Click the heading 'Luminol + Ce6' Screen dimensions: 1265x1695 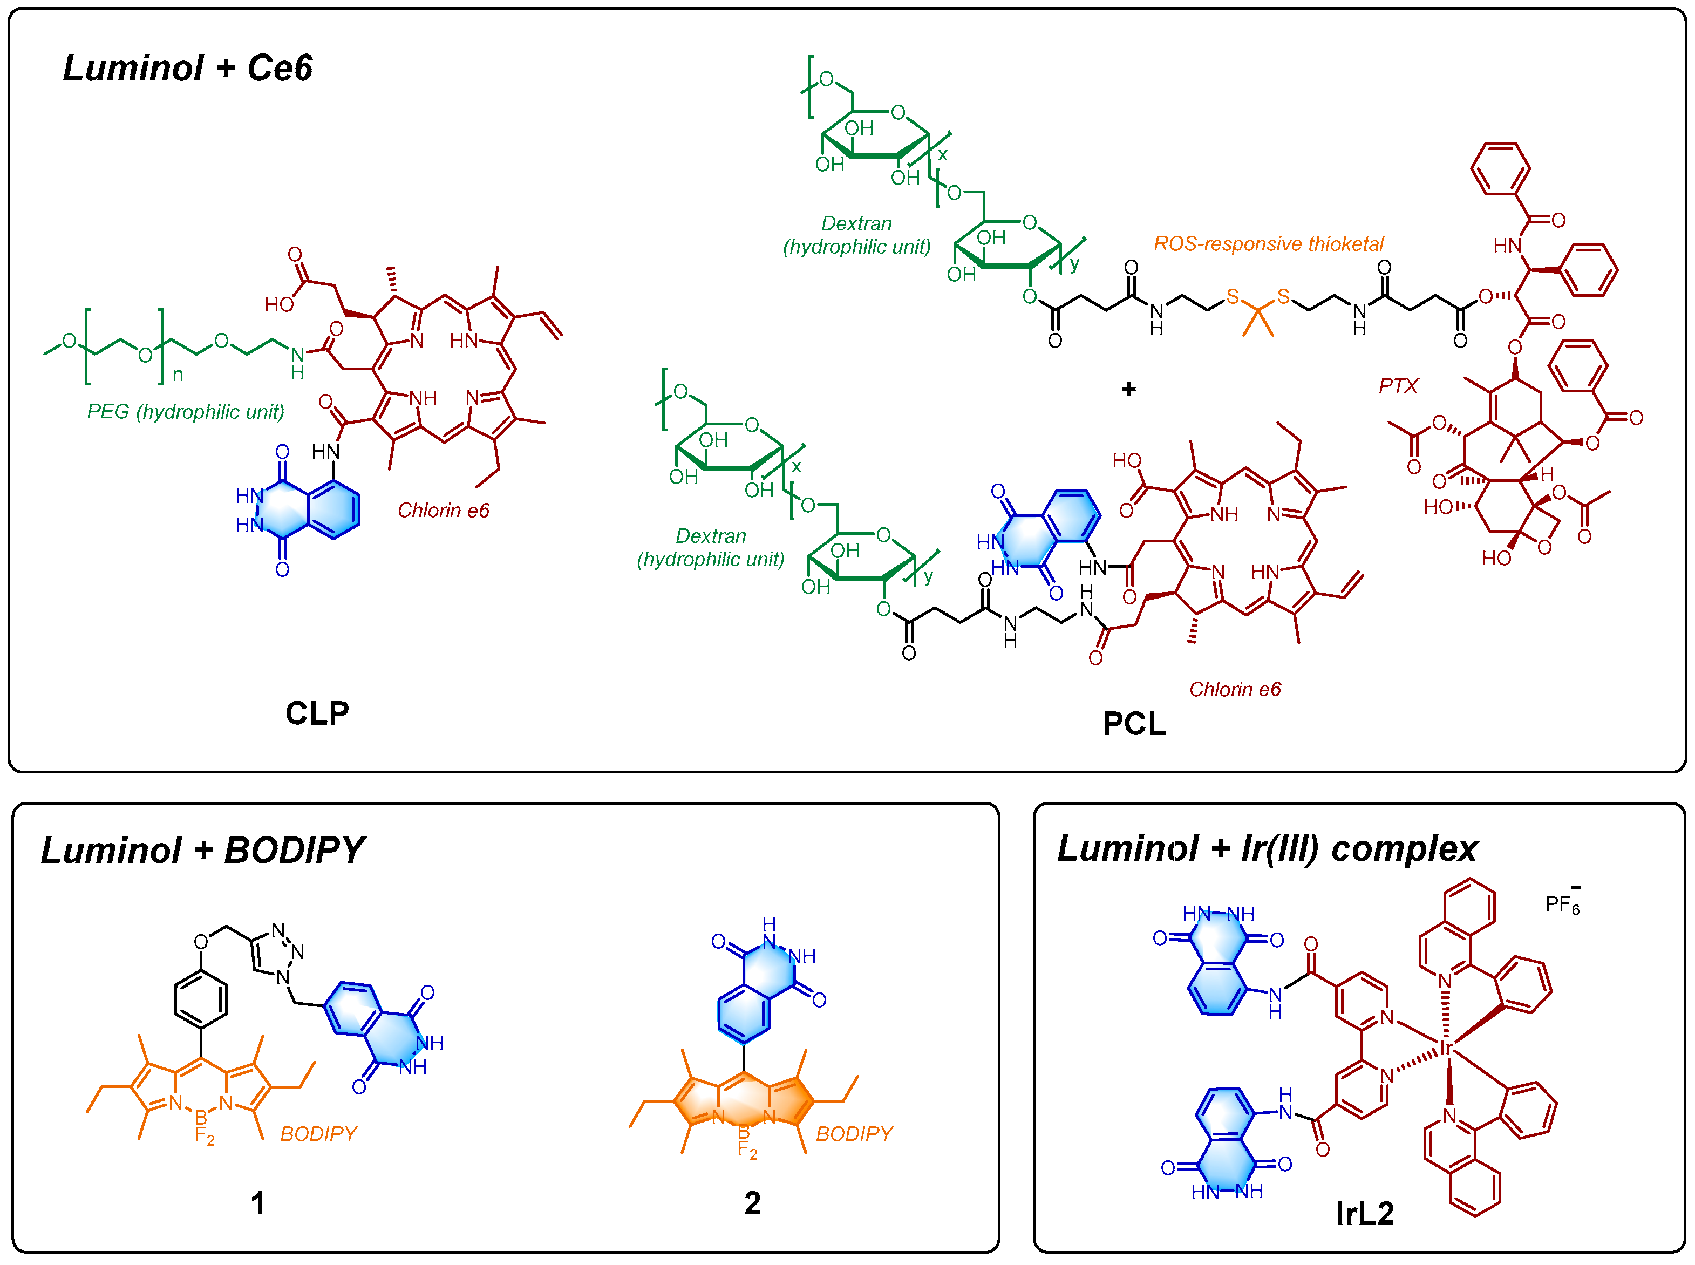[188, 68]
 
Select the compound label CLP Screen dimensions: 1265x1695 [317, 713]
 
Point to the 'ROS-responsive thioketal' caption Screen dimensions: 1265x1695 [1269, 243]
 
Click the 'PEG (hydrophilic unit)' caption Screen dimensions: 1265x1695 [185, 412]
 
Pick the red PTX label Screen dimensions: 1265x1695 [1398, 385]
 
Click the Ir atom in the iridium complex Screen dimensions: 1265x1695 [1446, 1048]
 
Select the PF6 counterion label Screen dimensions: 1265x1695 [1562, 904]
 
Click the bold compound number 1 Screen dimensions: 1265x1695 [258, 1203]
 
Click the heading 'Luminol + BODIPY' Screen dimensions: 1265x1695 [203, 850]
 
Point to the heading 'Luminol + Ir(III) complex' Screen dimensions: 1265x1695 [1267, 848]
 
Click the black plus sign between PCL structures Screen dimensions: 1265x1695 [1128, 389]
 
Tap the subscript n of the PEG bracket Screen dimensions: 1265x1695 [178, 375]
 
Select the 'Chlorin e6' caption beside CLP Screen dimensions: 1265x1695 [443, 510]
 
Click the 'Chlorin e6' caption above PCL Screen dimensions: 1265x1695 [1234, 689]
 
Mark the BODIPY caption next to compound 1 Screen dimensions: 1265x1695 [318, 1133]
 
